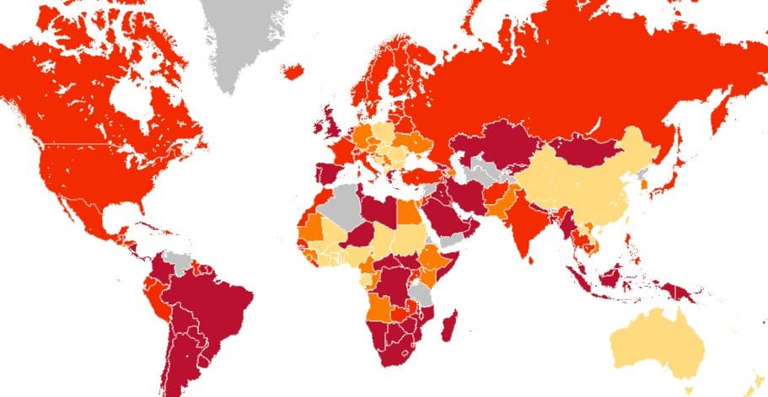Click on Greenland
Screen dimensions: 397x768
[244, 42]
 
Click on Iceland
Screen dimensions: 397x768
[294, 72]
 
